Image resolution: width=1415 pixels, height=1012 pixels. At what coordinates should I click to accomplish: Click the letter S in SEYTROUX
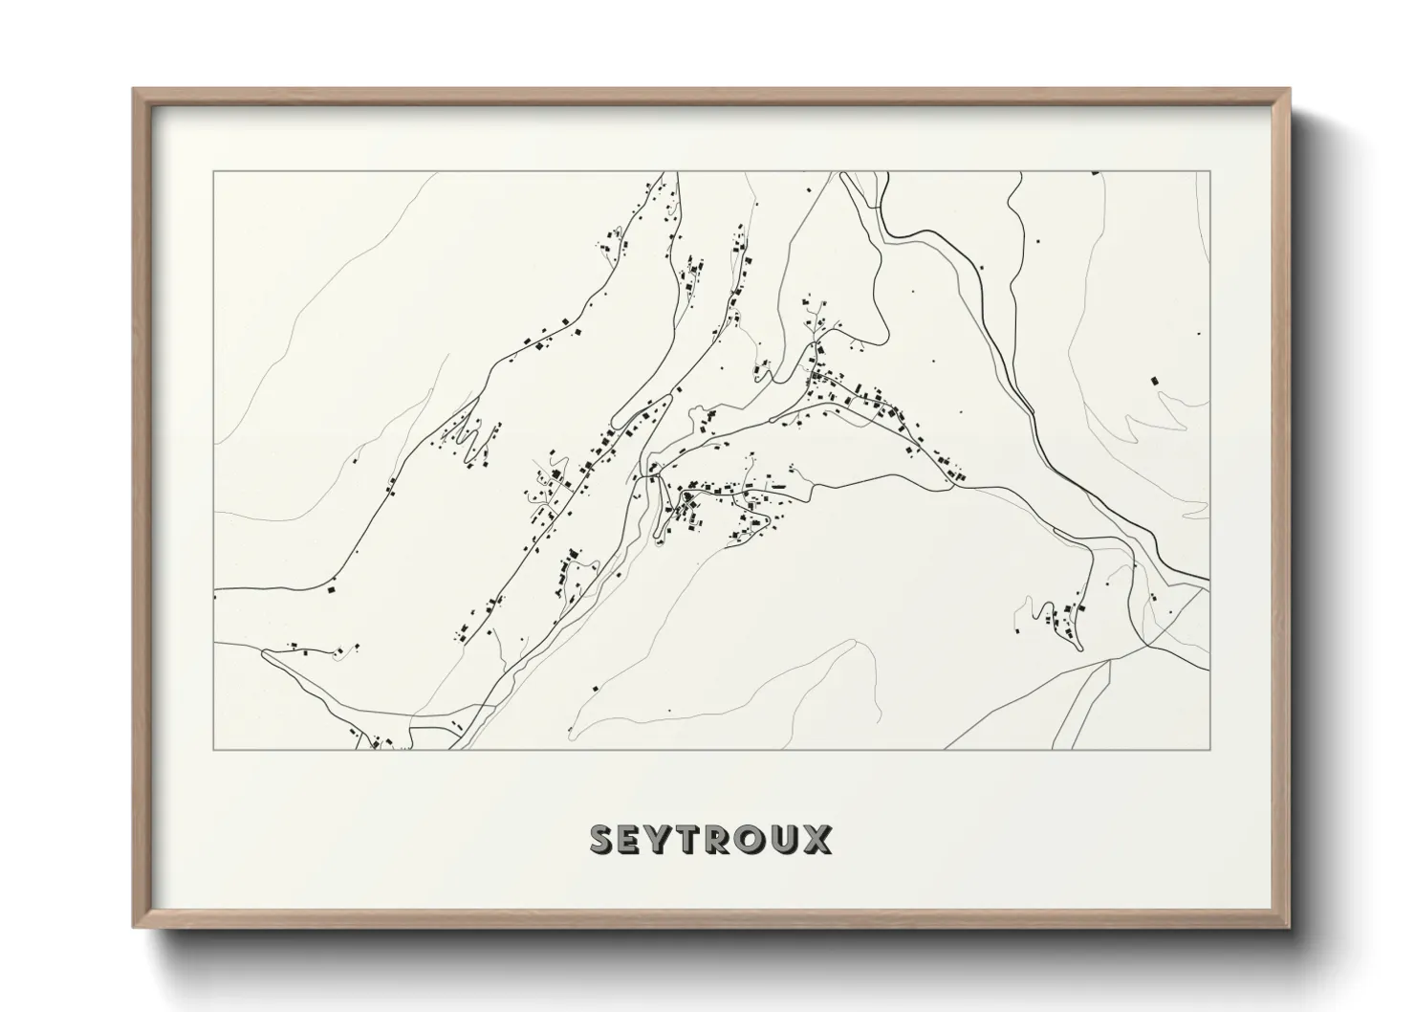604,840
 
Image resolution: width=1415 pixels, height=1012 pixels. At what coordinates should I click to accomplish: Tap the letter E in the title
634,840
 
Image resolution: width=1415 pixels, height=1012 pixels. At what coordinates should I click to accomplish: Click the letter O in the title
755,840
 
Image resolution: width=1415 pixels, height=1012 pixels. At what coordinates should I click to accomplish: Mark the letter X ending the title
818,840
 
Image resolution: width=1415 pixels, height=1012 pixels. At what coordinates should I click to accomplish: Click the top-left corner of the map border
214,172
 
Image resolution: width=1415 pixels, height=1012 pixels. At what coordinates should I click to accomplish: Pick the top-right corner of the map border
1210,172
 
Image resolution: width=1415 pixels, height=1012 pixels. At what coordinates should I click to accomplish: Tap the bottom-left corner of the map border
214,750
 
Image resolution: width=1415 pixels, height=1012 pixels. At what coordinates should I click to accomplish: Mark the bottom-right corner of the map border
1210,750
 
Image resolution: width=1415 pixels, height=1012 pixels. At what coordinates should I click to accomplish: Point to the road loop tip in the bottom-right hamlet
1079,648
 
